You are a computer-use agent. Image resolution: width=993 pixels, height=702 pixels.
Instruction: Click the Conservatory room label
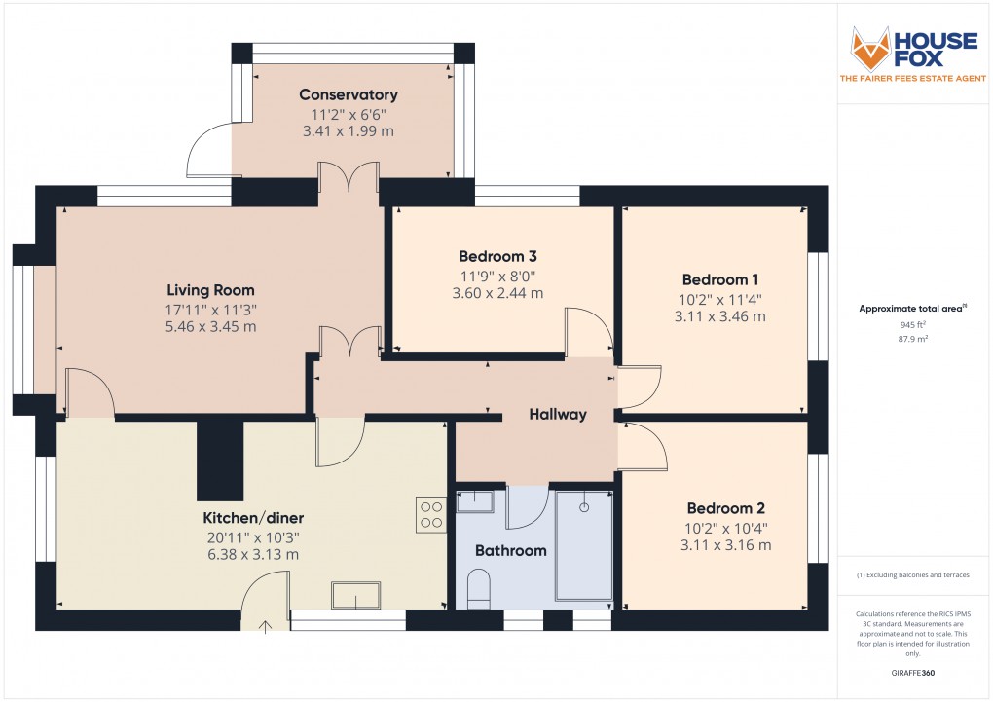(x=348, y=94)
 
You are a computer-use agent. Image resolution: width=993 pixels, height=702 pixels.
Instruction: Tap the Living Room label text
(x=210, y=290)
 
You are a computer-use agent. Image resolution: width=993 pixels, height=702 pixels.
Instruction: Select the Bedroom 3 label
(x=497, y=256)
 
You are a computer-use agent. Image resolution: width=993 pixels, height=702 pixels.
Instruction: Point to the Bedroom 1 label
(x=721, y=278)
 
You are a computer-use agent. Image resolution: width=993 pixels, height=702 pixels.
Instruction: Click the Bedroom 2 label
(x=725, y=508)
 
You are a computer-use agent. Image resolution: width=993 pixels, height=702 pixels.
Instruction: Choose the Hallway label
(x=558, y=414)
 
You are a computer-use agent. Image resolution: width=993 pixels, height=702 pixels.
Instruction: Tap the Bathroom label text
(x=510, y=550)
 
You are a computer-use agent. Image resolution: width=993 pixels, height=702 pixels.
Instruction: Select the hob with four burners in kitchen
(x=431, y=514)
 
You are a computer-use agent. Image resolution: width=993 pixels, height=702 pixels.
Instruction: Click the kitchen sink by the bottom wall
(x=357, y=595)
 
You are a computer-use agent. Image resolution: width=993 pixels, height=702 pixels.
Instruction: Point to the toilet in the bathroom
(x=479, y=590)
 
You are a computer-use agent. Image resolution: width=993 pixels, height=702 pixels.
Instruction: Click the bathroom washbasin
(x=475, y=501)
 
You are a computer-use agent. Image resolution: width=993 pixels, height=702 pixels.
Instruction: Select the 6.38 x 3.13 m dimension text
(x=250, y=554)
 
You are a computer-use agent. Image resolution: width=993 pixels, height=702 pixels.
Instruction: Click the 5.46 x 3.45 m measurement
(x=210, y=327)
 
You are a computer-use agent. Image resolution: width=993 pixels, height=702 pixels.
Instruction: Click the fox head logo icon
(x=871, y=49)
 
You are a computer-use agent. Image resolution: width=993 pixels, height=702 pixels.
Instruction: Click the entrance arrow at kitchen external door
(x=265, y=626)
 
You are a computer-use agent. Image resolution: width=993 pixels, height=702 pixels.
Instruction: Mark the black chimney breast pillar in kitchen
(x=220, y=460)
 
